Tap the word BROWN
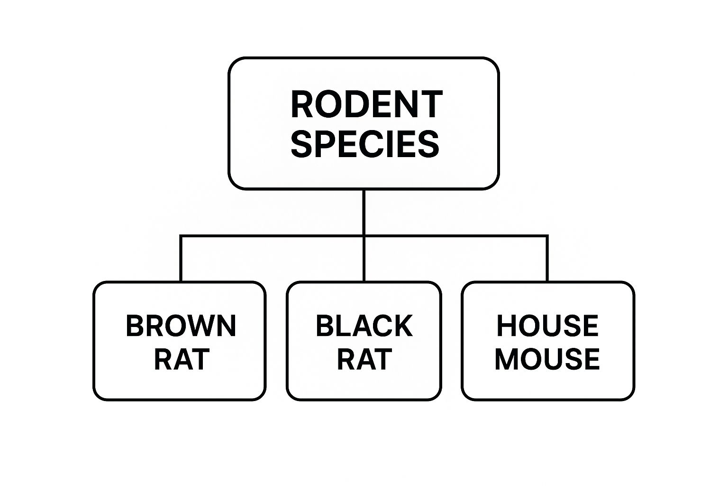(181, 326)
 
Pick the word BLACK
(364, 326)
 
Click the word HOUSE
(547, 326)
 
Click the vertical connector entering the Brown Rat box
(181, 258)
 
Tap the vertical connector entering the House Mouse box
(547, 258)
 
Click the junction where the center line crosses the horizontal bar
(364, 236)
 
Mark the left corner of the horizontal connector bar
(181, 236)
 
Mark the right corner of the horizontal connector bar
(547, 236)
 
